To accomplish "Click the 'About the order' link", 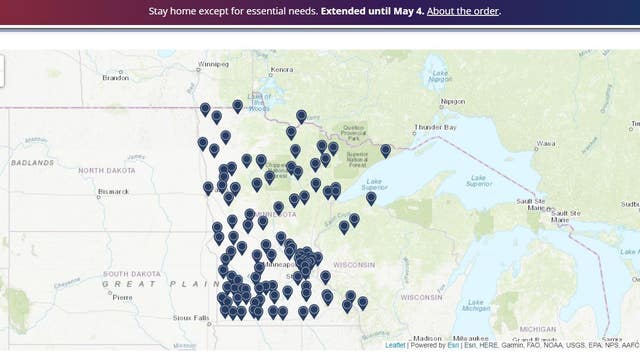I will (463, 11).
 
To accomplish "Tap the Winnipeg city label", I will (214, 62).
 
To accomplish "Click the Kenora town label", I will (280, 69).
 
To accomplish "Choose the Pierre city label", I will (122, 297).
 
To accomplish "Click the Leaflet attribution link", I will (396, 345).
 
